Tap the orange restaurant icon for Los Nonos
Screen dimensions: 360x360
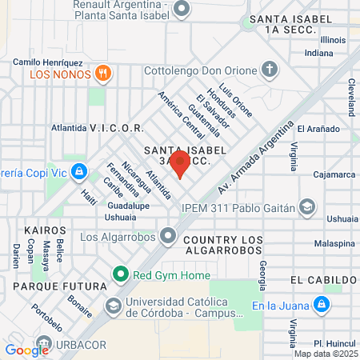coord(102,74)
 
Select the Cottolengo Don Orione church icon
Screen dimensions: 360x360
coord(270,70)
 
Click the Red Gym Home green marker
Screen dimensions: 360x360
coord(121,275)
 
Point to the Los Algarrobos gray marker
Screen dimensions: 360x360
coord(168,236)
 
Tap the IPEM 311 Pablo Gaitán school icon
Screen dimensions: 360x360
coord(306,208)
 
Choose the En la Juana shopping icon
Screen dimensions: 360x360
coord(320,304)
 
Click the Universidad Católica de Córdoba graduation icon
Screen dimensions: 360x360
coord(114,305)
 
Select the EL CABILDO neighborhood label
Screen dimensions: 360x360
coord(323,280)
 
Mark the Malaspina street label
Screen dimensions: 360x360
coord(334,242)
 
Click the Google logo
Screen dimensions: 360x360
coord(26,350)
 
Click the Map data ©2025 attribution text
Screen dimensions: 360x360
coord(326,354)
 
